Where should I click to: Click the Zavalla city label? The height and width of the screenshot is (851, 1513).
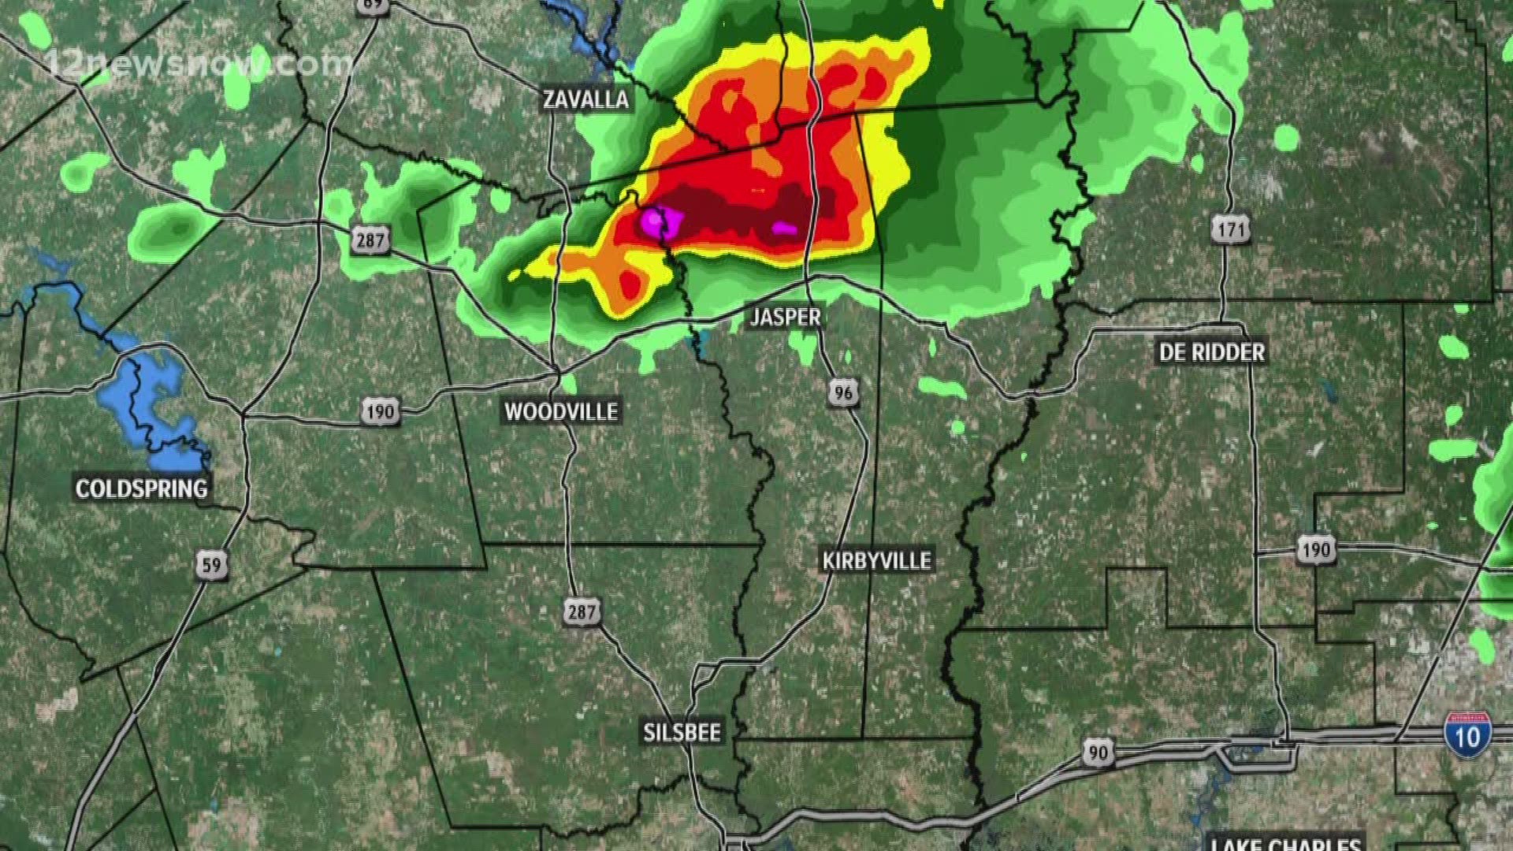(x=585, y=99)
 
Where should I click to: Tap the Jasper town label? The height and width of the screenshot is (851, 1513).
(x=785, y=317)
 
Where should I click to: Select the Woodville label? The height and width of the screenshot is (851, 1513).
(x=561, y=411)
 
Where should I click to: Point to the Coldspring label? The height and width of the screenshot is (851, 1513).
(x=142, y=489)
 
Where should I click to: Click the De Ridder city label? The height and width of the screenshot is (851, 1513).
(x=1211, y=352)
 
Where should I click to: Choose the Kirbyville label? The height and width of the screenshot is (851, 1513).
(x=876, y=560)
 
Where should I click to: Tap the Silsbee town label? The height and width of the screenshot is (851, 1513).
(x=682, y=733)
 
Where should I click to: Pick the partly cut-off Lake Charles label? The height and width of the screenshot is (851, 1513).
(x=1286, y=842)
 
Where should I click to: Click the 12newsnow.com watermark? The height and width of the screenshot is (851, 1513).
(x=197, y=63)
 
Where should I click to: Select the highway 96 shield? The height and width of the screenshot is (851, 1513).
(x=843, y=392)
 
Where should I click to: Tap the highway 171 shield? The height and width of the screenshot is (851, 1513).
(x=1230, y=230)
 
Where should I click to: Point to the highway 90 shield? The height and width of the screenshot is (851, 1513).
(x=1098, y=753)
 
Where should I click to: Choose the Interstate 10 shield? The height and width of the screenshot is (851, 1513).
(x=1467, y=735)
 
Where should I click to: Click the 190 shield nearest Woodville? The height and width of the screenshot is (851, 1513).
(x=380, y=411)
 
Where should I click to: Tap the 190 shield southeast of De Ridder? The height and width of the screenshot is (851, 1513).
(x=1316, y=549)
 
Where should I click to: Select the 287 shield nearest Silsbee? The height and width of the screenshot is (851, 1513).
(x=582, y=611)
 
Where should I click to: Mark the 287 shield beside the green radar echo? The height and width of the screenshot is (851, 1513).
(x=370, y=240)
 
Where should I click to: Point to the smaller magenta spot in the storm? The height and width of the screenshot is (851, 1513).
(x=784, y=229)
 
